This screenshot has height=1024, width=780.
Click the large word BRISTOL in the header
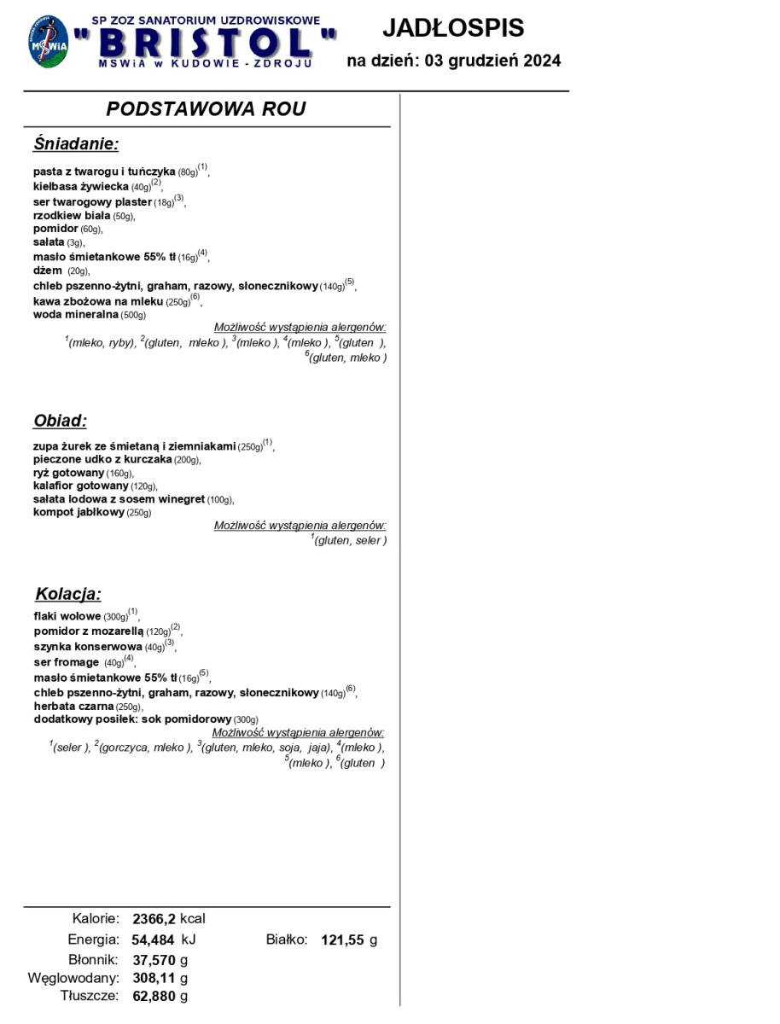205,42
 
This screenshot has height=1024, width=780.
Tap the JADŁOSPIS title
452,28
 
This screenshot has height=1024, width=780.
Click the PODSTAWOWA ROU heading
206,109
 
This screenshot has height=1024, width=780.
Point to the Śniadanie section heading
76,143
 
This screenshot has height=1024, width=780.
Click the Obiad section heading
60,421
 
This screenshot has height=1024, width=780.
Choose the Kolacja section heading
67,594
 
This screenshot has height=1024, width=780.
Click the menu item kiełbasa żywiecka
81,186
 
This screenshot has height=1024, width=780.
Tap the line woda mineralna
76,314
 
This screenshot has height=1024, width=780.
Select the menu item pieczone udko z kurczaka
102,460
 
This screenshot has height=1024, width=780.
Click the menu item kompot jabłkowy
79,512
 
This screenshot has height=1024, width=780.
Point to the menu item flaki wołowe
67,616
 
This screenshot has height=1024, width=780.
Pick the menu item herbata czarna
74,706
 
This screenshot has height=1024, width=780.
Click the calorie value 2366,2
154,919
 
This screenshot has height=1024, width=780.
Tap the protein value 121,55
342,940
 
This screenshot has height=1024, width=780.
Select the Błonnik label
93,959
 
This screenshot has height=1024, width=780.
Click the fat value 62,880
154,996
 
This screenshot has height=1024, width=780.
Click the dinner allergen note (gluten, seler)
350,541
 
